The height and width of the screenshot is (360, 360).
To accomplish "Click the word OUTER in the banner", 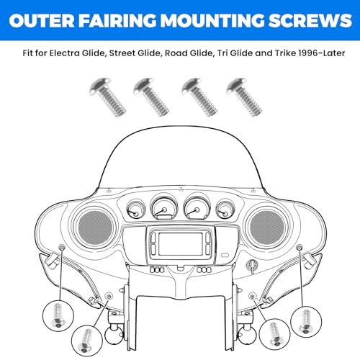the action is click(42, 20).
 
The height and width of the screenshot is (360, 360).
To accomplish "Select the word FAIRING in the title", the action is click(117, 20).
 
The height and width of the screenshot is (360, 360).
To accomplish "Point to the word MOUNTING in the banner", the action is click(212, 20).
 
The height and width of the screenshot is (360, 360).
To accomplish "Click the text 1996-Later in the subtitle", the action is click(321, 53).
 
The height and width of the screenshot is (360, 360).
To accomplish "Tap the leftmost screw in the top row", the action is click(107, 97).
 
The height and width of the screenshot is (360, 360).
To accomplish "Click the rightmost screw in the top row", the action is click(244, 97).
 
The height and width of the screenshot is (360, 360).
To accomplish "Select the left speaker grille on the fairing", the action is click(96, 228).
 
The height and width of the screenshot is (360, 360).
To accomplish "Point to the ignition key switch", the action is click(252, 266).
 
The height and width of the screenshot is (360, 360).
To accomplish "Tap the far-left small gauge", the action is click(135, 210).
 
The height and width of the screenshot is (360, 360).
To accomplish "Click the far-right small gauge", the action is click(225, 210).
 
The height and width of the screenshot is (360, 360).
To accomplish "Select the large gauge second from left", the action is click(164, 207).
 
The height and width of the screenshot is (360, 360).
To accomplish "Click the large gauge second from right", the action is click(197, 207).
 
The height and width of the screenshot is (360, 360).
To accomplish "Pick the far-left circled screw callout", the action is click(58, 315).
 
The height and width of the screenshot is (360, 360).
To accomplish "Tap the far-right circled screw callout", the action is click(306, 322).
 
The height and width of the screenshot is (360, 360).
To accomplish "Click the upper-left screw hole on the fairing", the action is click(62, 248).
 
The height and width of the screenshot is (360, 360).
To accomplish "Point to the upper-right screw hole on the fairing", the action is click(300, 247).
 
